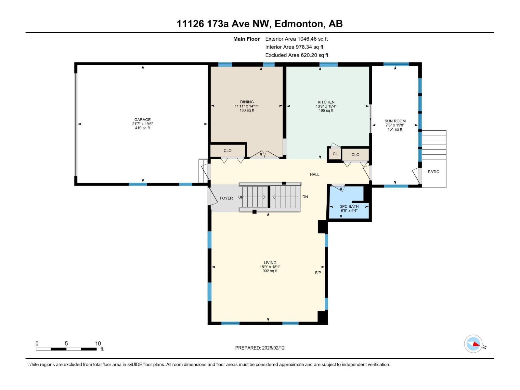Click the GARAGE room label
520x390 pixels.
pos(142,120)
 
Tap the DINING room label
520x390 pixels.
pos(247,102)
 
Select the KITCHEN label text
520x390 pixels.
pos(326,102)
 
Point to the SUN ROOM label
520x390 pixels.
pos(395,121)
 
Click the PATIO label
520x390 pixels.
pos(434,172)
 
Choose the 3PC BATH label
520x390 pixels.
pos(349,206)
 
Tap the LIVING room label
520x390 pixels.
pos(270,263)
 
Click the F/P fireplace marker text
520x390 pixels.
pos(318,273)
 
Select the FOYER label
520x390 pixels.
pos(226,198)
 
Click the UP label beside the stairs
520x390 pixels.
pos(241,197)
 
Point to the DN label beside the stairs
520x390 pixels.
pos(305,197)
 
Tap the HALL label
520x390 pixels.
pos(315,175)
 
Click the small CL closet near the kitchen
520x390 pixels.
pos(335,154)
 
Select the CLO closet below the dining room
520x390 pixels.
pos(227,150)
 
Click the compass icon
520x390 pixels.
pos(473,344)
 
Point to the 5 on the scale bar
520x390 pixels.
pos(66,343)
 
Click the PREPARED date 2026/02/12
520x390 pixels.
pos(273,348)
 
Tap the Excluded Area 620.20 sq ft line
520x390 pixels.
pos(297,55)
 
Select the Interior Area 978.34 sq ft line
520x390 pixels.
pos(294,47)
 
